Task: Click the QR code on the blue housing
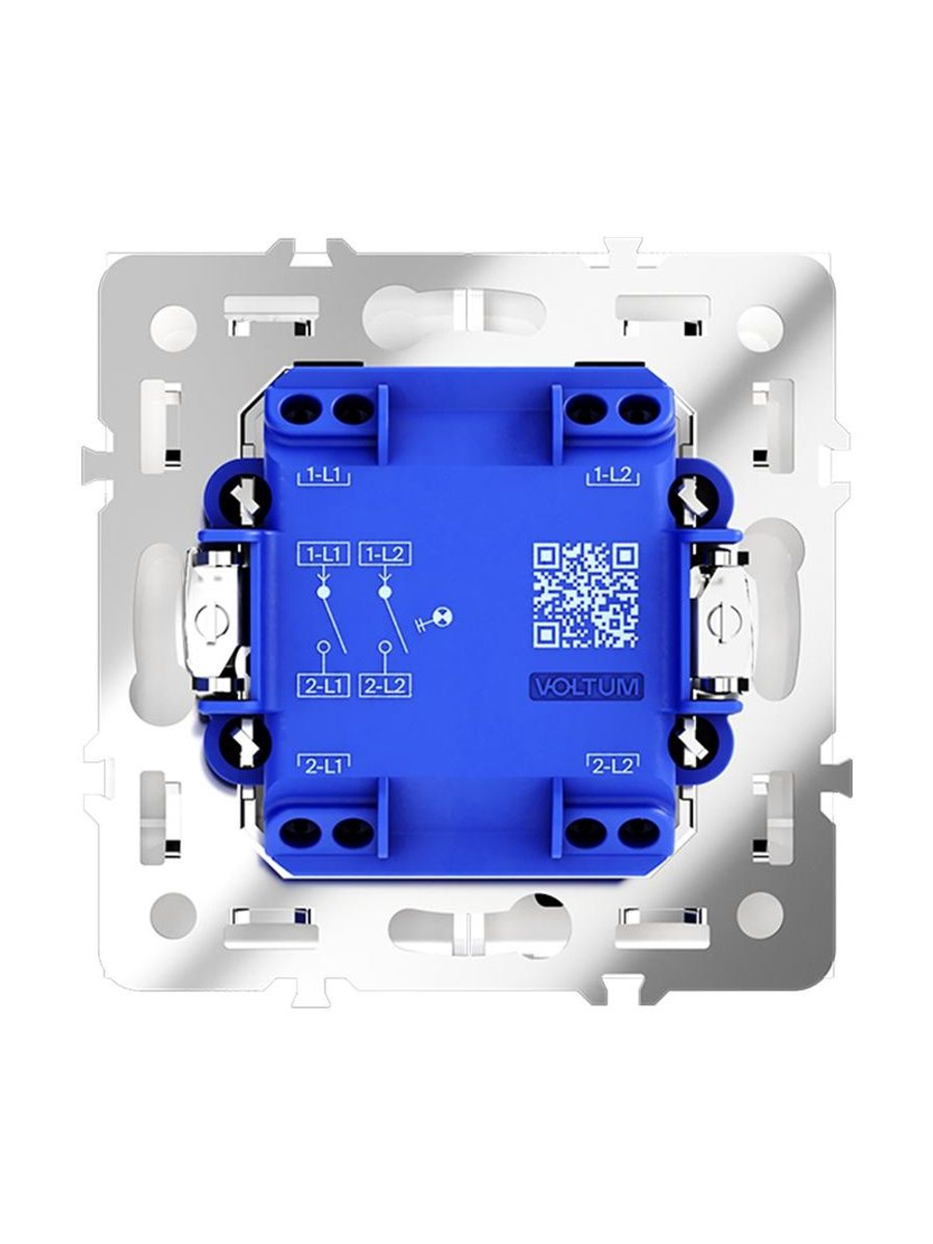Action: click(585, 595)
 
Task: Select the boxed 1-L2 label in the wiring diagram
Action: click(384, 554)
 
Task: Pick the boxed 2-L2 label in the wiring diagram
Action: click(384, 686)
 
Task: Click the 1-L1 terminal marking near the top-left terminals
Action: click(323, 476)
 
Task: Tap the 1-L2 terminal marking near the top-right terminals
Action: click(613, 476)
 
